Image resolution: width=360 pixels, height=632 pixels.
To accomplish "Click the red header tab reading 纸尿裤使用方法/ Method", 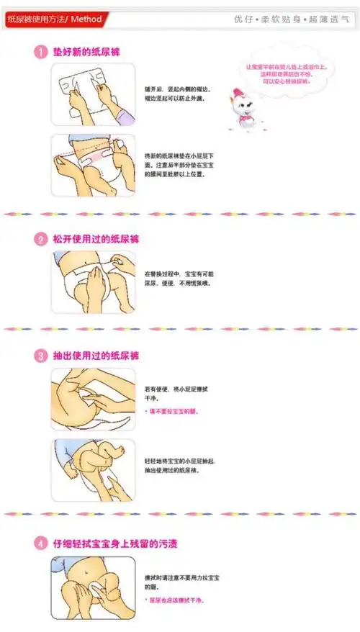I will coord(55,19).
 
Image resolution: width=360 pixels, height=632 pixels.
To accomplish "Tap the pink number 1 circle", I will coord(41,52).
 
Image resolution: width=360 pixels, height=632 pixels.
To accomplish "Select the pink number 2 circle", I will coord(41,240).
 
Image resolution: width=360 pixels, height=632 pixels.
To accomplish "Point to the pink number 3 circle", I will coord(41,356).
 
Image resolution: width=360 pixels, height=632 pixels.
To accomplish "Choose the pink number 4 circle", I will coord(41,544).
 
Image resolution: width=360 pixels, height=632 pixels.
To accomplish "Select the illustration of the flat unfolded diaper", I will coord(93,94).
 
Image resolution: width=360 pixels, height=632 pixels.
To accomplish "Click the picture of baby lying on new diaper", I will coord(93,165).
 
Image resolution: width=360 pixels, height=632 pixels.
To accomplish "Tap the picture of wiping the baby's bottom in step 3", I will coord(93,399).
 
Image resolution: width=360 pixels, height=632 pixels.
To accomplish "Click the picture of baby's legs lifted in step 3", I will coord(93,470).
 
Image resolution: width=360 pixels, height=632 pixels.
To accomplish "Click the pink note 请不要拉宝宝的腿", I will coord(173,412).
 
